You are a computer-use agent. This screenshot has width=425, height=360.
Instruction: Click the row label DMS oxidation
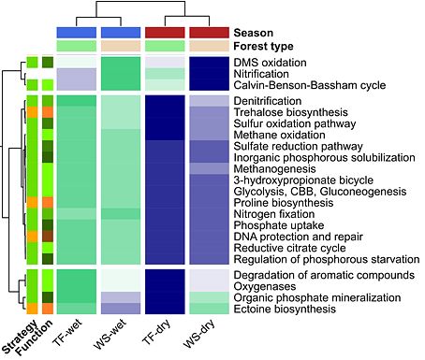pos(270,63)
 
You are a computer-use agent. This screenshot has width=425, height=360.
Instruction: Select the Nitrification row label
pos(261,74)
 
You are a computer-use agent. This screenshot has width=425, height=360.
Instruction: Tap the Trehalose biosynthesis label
pos(290,112)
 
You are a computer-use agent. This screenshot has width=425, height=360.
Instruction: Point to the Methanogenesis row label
pos(274,169)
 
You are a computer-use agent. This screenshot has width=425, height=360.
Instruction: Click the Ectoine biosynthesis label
pos(285,310)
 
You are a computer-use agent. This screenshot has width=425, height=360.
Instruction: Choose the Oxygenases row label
pos(265,286)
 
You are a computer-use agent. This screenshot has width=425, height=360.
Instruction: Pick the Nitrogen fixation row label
pos(274,214)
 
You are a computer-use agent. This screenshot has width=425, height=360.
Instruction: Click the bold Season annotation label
pos(253,33)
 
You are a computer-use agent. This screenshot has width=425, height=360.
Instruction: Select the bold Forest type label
pos(263,46)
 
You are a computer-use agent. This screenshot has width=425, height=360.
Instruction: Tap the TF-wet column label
pos(67,332)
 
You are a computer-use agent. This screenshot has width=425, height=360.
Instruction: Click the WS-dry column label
pos(199,333)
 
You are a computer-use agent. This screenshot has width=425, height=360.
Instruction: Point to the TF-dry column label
pos(157,332)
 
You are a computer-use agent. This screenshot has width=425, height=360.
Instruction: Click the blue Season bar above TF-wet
pos(77,33)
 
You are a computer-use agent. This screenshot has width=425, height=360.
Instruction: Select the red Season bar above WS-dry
pos(209,33)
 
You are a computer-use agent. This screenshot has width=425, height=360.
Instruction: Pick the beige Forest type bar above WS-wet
pos(121,46)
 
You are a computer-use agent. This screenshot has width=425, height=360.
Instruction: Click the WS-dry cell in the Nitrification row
pos(209,74)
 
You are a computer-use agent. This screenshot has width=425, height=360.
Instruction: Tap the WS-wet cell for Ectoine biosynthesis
pos(121,309)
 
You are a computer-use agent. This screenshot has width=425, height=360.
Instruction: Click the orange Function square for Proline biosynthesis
pos(48,203)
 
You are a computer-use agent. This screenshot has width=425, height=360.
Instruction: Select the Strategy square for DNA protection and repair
pos(32,237)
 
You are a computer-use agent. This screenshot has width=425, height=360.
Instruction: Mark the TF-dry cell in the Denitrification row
pos(165,101)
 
